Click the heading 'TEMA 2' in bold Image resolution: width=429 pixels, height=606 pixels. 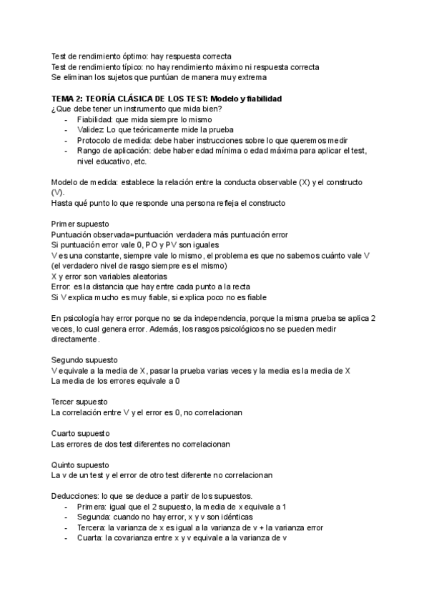68,98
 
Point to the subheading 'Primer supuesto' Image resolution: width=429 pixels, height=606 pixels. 80,224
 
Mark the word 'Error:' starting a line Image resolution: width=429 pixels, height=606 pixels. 61,276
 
